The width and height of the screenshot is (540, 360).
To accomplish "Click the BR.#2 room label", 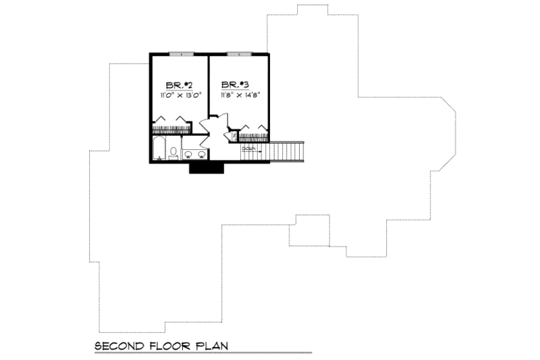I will click(x=178, y=85).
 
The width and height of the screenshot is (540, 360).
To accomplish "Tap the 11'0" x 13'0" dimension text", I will click(x=178, y=96).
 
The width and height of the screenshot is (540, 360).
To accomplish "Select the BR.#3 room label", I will click(x=236, y=85).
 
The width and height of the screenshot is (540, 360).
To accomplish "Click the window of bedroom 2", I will click(x=178, y=53).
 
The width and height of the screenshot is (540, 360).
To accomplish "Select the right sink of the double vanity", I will click(x=201, y=155).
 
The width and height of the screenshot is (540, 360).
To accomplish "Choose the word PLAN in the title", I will click(x=209, y=346).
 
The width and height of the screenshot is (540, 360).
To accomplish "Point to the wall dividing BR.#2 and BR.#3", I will click(x=209, y=88).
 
